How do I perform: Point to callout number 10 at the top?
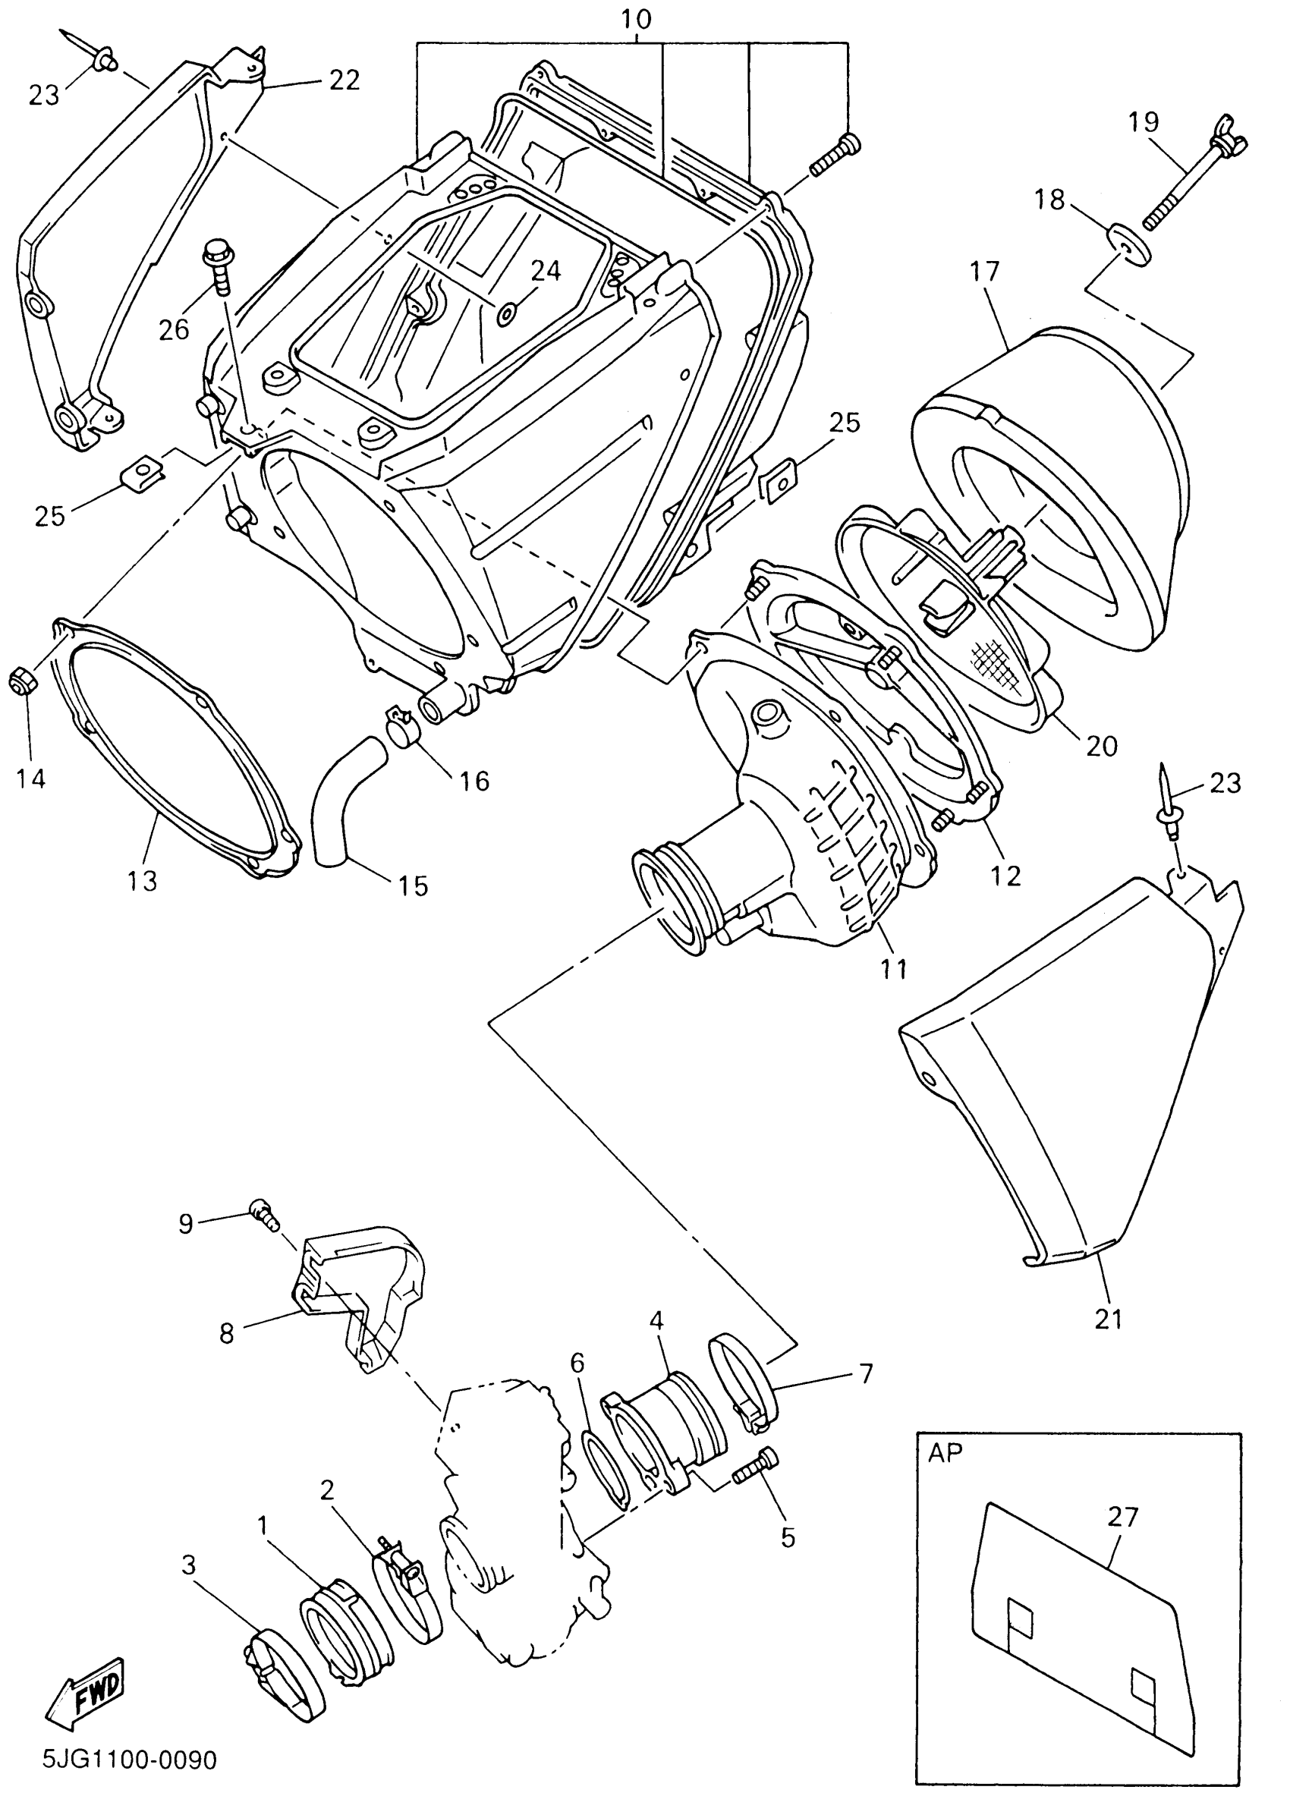click(637, 19)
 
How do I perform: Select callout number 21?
click(1108, 1318)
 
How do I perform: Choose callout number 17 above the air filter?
click(984, 271)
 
